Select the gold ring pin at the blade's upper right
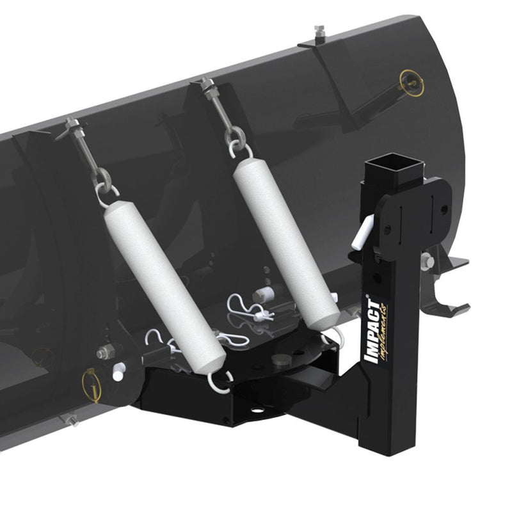(408, 81)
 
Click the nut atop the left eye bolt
(73, 124)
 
